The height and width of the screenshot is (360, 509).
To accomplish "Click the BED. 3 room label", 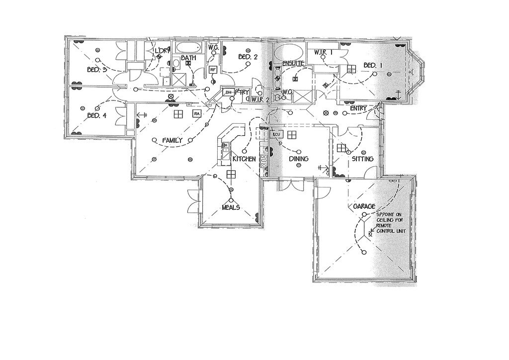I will (x=97, y=70).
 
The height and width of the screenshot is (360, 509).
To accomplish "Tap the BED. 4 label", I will (x=97, y=116).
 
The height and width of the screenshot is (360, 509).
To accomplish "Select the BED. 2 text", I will (x=248, y=57).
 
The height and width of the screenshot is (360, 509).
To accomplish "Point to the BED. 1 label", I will (x=373, y=65).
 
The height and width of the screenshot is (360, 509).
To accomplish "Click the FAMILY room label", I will (x=172, y=141).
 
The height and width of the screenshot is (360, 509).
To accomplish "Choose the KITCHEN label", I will (x=244, y=159).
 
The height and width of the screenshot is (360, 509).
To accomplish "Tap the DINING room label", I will (x=299, y=159).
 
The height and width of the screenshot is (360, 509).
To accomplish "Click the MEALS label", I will (x=231, y=207).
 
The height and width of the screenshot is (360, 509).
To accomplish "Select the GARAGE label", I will (x=364, y=206).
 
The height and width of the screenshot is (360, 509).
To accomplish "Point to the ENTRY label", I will (x=358, y=108).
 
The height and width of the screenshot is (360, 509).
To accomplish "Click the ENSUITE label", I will (x=293, y=64).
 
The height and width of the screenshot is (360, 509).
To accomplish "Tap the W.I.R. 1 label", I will (x=323, y=52).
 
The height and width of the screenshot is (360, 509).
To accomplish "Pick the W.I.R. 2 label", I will (x=260, y=99).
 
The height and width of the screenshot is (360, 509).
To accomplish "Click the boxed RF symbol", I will (x=213, y=70).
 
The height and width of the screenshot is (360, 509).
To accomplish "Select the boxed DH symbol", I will (x=229, y=92).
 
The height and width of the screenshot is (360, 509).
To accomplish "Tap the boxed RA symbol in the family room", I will (x=197, y=114).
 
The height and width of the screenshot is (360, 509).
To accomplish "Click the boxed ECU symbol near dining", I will (x=276, y=134).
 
